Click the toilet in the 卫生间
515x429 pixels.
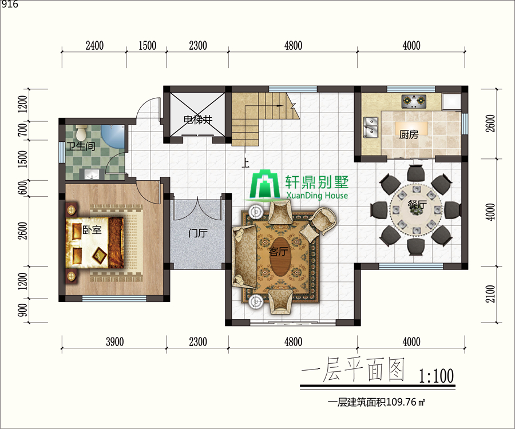[x=81, y=132]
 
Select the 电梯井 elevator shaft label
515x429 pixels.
[x=198, y=120]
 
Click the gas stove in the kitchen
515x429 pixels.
[x=414, y=101]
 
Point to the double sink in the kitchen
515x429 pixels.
[x=370, y=127]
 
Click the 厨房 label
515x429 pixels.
[x=409, y=134]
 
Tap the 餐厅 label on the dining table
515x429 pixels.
[x=417, y=205]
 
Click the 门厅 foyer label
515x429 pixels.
[x=198, y=233]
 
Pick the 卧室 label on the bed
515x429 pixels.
[x=92, y=230]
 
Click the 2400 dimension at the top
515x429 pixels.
[x=94, y=45]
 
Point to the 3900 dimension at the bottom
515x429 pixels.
[x=114, y=341]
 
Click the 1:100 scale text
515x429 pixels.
[x=436, y=376]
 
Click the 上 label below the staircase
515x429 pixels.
[x=245, y=163]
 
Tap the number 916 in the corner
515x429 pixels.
[x=10, y=4]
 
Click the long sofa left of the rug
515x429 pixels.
[x=244, y=257]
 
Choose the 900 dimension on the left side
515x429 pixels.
[x=23, y=310]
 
